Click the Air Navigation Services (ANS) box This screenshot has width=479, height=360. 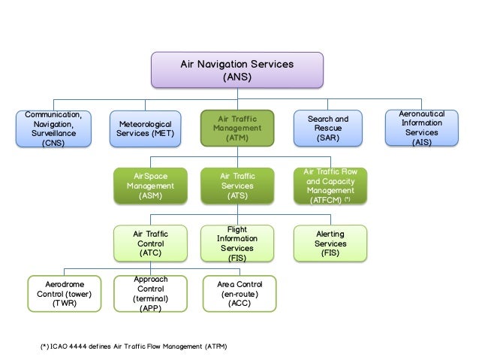(237, 70)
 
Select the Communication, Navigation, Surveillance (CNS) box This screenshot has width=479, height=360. (53, 129)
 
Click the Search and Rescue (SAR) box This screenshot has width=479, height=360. (327, 129)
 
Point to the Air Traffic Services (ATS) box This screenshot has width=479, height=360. (237, 186)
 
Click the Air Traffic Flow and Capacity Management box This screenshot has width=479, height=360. (330, 186)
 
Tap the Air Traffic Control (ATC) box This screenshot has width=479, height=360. (146, 244)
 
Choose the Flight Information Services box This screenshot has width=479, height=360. (237, 244)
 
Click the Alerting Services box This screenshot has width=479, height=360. (330, 244)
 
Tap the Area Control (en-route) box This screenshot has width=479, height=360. (239, 294)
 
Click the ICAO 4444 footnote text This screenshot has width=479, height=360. (133, 346)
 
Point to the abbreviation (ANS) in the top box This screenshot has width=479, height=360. (237, 77)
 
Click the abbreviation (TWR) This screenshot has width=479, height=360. (64, 304)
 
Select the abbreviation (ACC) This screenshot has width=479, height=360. (239, 304)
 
